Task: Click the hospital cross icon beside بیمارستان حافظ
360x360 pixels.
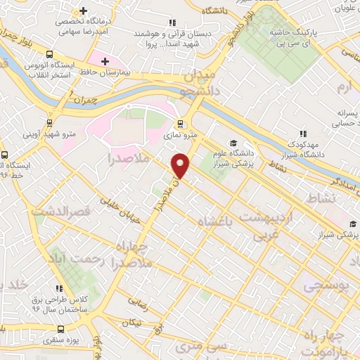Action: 105,62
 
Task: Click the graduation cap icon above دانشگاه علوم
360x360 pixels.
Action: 233,143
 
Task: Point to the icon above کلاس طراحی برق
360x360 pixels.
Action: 59,288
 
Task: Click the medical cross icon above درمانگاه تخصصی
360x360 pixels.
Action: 84,11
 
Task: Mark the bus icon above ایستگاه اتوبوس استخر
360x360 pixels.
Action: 50,55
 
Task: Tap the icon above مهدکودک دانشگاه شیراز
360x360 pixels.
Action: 303,133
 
